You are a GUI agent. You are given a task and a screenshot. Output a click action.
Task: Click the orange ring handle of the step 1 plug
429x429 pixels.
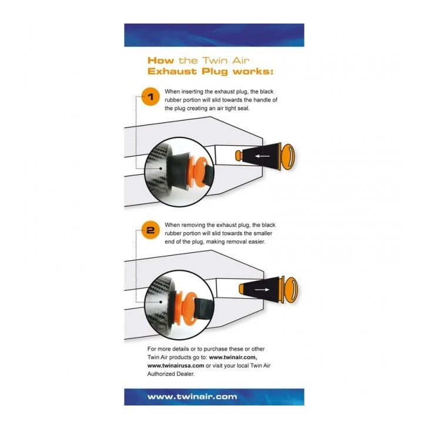tap(286, 156)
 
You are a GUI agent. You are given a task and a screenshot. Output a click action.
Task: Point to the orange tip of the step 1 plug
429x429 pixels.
tap(239, 156)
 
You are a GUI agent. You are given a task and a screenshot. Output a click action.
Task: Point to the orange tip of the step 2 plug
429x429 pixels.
tap(242, 289)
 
